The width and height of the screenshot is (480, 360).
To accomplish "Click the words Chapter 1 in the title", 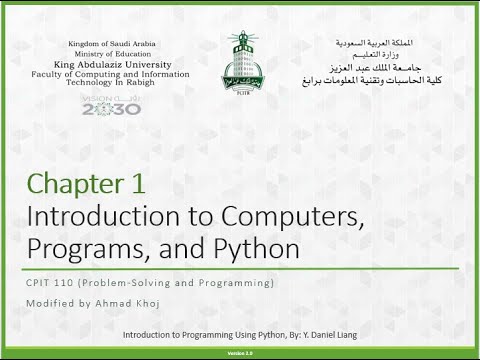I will tap(87, 184).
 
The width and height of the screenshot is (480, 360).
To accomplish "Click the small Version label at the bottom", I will tap(240, 353).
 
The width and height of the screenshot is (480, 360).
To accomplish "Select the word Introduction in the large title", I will tap(100, 215).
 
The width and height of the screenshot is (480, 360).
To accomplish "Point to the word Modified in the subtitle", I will tap(48, 304).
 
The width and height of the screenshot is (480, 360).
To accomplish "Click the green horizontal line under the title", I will tap(240, 268).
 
